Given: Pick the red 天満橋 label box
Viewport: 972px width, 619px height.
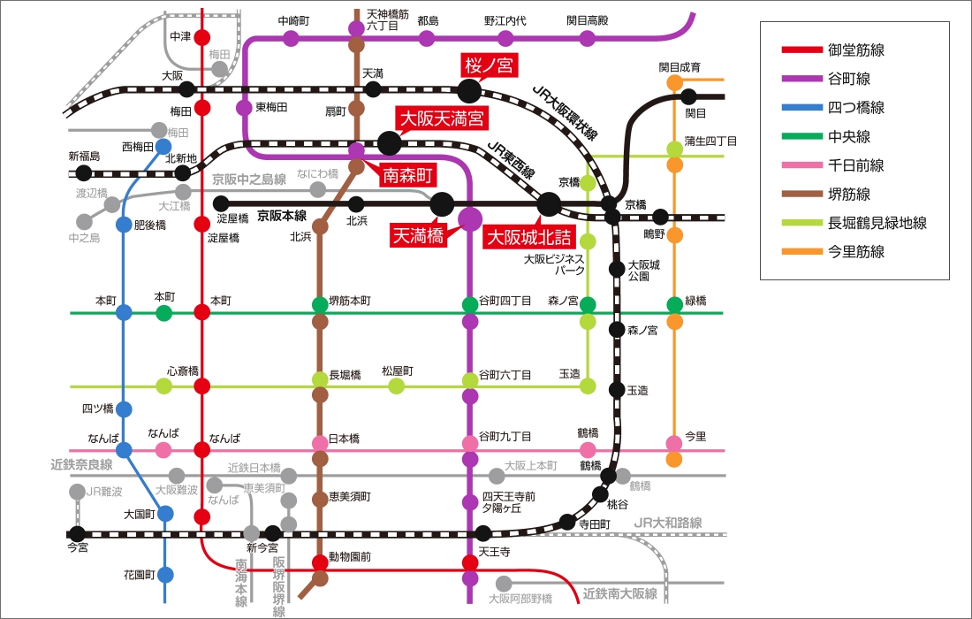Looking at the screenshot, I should coord(416,235).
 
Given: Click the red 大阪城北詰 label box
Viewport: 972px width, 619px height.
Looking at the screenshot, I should coord(528,237).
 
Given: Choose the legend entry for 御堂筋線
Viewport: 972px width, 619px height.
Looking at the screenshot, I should coord(833,50).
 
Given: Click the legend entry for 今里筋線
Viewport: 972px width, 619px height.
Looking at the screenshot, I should coord(833,251).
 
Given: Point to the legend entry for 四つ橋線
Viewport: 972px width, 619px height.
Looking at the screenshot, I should coord(833,107).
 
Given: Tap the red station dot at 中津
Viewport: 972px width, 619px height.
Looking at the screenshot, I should coord(202,37).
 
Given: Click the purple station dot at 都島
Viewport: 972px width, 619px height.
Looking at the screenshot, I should coord(427,38).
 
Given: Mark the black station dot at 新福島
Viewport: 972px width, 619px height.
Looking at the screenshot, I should coord(83,173).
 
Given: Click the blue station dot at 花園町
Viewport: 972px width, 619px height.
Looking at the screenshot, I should coord(165,575).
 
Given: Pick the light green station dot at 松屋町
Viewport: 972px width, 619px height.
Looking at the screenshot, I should coord(397,386).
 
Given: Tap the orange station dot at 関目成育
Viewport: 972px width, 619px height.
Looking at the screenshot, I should coord(674,82).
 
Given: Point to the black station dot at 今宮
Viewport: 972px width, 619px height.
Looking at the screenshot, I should coord(78,533).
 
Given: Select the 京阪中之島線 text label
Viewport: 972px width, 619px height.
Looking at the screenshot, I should coord(249,180).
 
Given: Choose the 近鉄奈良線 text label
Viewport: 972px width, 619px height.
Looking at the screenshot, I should coord(81,464).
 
